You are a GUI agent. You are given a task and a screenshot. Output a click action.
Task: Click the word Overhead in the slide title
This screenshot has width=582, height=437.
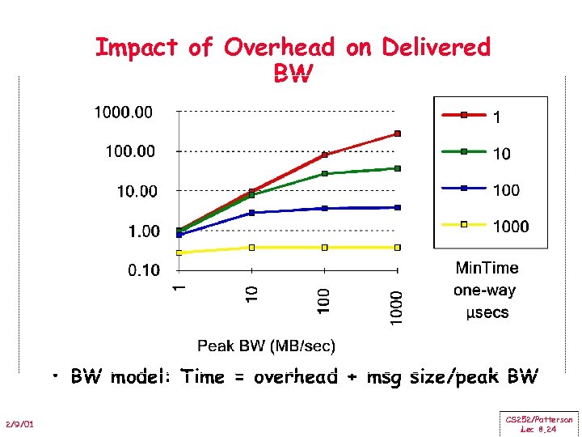pyautogui.click(x=279, y=48)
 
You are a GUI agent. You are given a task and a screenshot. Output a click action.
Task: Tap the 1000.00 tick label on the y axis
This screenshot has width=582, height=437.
pyautogui.click(x=123, y=112)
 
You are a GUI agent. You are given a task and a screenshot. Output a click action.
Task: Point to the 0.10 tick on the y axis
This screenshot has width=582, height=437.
pyautogui.click(x=143, y=270)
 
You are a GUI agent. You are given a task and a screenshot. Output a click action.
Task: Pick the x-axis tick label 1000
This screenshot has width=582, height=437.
pyautogui.click(x=396, y=308)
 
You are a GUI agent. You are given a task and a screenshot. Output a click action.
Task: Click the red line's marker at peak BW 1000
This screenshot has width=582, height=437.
pyautogui.click(x=397, y=134)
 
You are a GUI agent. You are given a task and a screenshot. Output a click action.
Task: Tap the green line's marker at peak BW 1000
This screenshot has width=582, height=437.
pyautogui.click(x=397, y=168)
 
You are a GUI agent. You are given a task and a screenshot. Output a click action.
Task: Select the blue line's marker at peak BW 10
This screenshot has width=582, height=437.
pyautogui.click(x=251, y=213)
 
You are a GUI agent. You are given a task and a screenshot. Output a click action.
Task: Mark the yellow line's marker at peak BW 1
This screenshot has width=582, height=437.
pyautogui.click(x=179, y=252)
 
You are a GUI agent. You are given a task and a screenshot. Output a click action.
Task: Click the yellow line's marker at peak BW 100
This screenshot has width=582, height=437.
pyautogui.click(x=324, y=247)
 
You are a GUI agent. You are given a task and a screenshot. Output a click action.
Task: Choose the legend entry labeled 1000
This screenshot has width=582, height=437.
pyautogui.click(x=511, y=227)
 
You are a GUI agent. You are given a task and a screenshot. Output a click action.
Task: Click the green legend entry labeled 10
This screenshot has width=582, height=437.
pyautogui.click(x=501, y=154)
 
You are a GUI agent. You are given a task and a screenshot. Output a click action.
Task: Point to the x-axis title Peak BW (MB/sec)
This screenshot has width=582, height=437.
pyautogui.click(x=266, y=346)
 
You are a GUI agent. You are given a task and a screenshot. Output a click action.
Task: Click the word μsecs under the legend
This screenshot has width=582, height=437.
pyautogui.click(x=487, y=312)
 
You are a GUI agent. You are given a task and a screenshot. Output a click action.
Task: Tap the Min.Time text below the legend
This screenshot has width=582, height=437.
pyautogui.click(x=487, y=268)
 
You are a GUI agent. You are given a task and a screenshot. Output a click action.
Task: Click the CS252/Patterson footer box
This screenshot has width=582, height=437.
pyautogui.click(x=539, y=424)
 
